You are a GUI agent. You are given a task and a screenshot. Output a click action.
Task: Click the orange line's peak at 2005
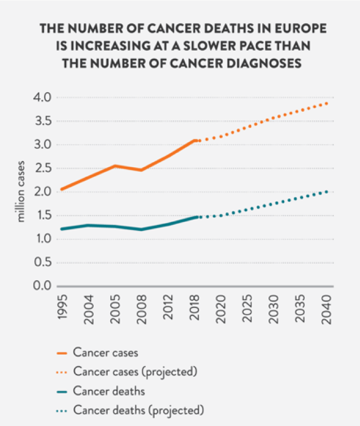click(x=115, y=166)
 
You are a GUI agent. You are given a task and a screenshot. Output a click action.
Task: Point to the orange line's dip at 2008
click(x=142, y=169)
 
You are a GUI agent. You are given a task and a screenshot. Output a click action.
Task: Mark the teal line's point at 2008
click(x=142, y=229)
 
